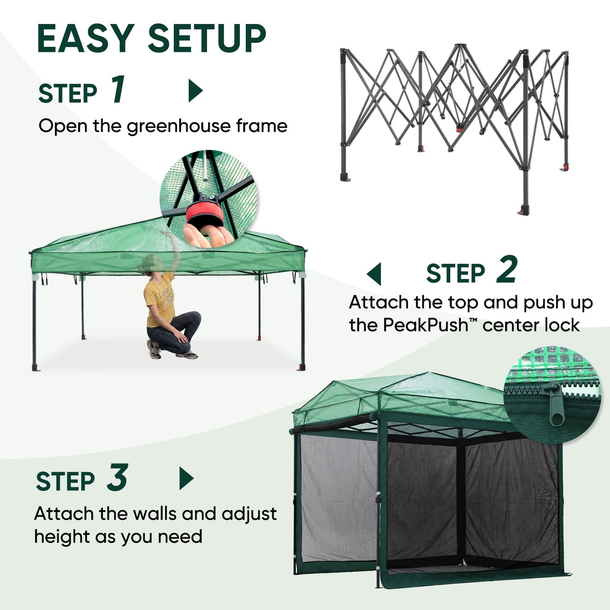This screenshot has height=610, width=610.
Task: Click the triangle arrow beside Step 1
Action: click(x=196, y=91)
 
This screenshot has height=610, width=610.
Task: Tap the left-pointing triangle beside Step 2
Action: click(x=374, y=274)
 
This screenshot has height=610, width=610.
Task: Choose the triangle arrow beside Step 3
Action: click(x=187, y=478)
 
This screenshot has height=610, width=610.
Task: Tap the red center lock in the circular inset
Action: click(x=205, y=213)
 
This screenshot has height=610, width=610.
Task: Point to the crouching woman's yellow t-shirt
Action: click(x=160, y=299)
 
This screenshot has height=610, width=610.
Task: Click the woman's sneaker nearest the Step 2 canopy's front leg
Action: click(x=187, y=355)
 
